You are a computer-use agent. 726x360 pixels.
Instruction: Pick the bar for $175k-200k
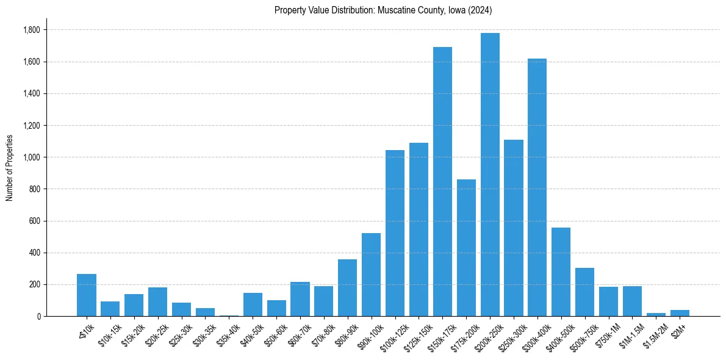(x=466, y=248)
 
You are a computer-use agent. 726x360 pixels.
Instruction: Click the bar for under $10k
(x=87, y=295)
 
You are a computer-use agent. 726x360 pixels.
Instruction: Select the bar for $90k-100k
(x=371, y=275)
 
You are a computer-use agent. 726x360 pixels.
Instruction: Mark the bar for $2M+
(x=680, y=313)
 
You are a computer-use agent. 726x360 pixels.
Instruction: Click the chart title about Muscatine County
(x=383, y=10)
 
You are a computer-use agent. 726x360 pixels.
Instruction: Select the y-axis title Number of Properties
(x=10, y=167)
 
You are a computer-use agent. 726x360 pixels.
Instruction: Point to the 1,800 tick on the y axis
(x=31, y=30)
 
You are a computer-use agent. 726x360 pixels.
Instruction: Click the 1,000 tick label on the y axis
(x=31, y=157)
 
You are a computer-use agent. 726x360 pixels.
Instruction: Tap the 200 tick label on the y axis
(x=34, y=284)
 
